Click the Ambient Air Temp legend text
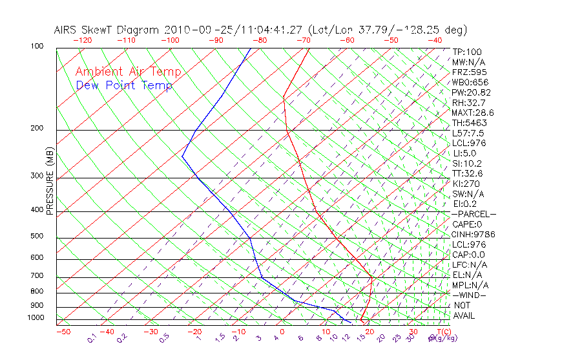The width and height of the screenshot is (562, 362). [x=129, y=72]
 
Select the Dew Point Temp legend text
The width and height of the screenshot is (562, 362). [x=124, y=86]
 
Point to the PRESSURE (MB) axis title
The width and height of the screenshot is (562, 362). [x=50, y=181]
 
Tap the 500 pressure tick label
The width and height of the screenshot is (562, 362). [x=37, y=237]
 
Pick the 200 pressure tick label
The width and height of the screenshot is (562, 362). [x=37, y=129]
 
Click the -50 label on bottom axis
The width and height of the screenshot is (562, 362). [x=63, y=332]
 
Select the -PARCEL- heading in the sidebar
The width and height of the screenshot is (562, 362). [x=474, y=214]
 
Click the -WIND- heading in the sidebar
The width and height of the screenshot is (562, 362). [x=469, y=295]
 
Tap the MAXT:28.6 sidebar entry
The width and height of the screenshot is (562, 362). [x=472, y=112]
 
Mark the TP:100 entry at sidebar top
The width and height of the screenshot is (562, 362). [x=467, y=52]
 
